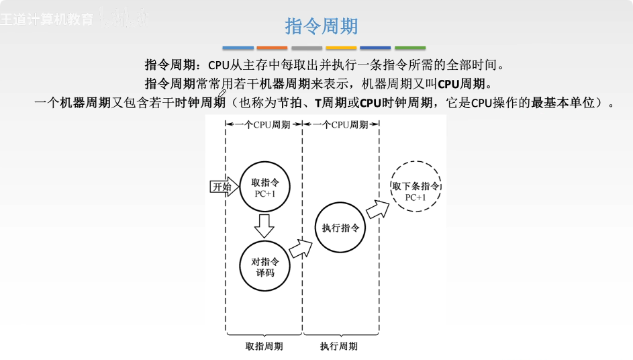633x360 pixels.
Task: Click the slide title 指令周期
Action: pyautogui.click(x=322, y=26)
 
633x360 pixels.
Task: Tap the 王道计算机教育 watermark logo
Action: pyautogui.click(x=47, y=19)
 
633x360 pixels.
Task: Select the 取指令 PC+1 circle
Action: pyautogui.click(x=264, y=187)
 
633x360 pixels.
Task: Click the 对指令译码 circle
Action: pyautogui.click(x=264, y=263)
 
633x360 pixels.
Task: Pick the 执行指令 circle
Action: pyautogui.click(x=340, y=228)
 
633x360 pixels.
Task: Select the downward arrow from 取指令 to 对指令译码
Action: pyautogui.click(x=264, y=226)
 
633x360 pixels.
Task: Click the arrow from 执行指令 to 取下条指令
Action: pyautogui.click(x=377, y=208)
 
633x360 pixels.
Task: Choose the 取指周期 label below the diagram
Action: pyautogui.click(x=264, y=346)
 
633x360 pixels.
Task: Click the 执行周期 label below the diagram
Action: pyautogui.click(x=339, y=346)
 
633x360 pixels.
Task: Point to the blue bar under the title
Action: pyautogui.click(x=238, y=48)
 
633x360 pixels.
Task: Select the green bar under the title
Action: pyautogui.click(x=409, y=48)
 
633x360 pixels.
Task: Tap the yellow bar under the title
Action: pyautogui.click(x=341, y=48)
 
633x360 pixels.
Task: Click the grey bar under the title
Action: pyautogui.click(x=307, y=48)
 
